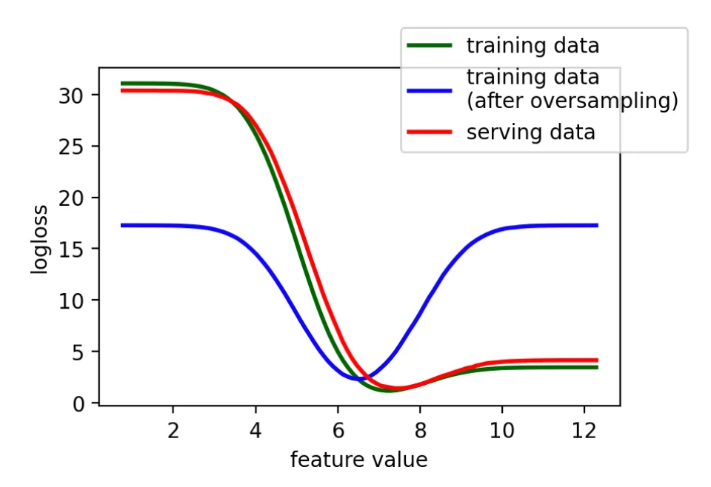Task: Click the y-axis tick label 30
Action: (x=71, y=95)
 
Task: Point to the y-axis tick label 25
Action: (x=71, y=147)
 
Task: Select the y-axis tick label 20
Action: (x=71, y=198)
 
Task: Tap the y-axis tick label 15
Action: (x=71, y=249)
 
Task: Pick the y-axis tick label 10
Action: (x=71, y=300)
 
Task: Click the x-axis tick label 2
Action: (x=173, y=430)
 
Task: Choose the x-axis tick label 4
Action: (x=256, y=430)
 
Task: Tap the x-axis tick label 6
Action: (x=338, y=430)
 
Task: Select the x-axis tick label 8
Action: (x=420, y=430)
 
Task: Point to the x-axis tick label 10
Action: (x=502, y=430)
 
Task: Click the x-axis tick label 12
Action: (x=584, y=430)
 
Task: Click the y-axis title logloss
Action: (x=40, y=239)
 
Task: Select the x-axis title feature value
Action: (x=358, y=460)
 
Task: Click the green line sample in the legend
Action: (x=430, y=45)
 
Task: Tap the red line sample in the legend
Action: (x=430, y=132)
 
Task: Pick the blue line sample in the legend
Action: (x=430, y=90)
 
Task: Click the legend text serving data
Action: (x=530, y=132)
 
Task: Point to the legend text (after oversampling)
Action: (x=573, y=101)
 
